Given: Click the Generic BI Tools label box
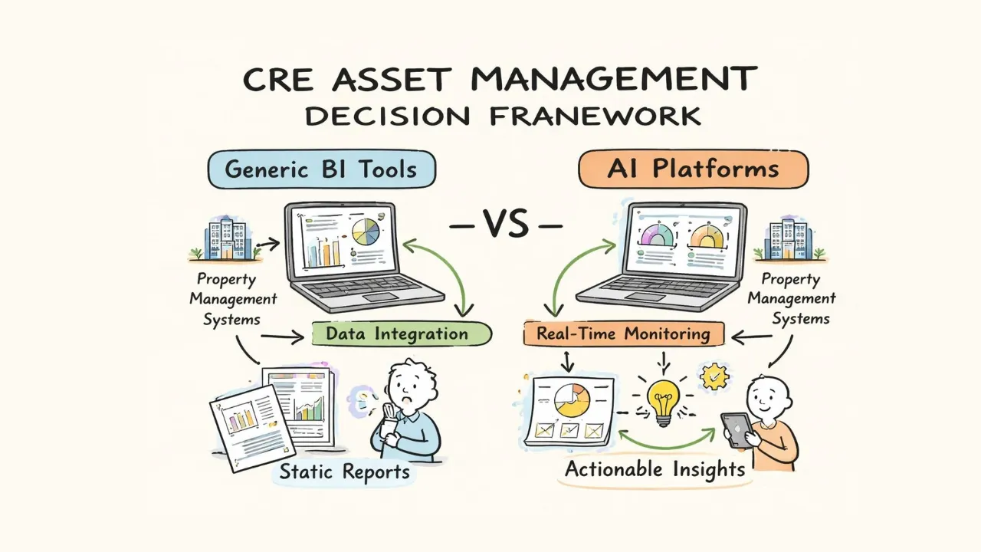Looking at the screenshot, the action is coord(322,169).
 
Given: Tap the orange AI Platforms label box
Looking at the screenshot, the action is coord(694,169).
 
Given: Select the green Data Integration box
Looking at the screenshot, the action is coord(402,334).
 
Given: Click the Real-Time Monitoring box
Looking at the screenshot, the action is coord(624,333).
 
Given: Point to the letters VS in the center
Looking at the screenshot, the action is coord(505,223).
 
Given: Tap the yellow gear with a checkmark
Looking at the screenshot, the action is coord(714,376).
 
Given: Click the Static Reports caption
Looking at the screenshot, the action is coord(345,472).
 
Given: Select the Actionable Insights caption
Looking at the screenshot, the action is coord(655,469).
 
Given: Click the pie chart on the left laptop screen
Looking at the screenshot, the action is coord(366,232).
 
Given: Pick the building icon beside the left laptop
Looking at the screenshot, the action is coord(225,238).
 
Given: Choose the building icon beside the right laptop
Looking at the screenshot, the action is coord(789,238).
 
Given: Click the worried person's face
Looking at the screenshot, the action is coord(409,386).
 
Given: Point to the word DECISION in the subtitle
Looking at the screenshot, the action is coord(388,117).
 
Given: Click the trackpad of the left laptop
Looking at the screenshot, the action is coord(381,297).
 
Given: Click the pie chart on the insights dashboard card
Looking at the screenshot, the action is coord(572,400).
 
